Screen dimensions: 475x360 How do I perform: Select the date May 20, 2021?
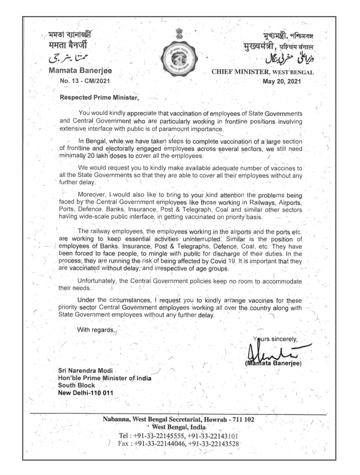[x=281, y=81]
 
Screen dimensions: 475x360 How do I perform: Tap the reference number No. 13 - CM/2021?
[x=85, y=81]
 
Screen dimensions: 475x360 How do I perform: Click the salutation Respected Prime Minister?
[x=99, y=98]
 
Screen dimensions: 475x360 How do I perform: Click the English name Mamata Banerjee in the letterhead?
[x=80, y=71]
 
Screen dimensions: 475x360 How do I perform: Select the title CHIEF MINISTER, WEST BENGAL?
[x=262, y=72]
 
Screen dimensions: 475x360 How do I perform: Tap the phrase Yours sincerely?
[x=275, y=339]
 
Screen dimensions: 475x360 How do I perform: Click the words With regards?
[x=96, y=330]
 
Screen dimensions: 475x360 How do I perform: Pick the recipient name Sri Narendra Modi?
[x=85, y=371]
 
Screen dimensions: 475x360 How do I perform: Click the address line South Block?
[x=76, y=385]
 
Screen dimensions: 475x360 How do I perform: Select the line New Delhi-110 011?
[x=85, y=393]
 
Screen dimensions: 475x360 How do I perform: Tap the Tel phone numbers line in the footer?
[x=179, y=436]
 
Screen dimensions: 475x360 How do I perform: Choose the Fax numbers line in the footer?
[x=179, y=444]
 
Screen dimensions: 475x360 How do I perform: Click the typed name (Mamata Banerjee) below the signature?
[x=273, y=363]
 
